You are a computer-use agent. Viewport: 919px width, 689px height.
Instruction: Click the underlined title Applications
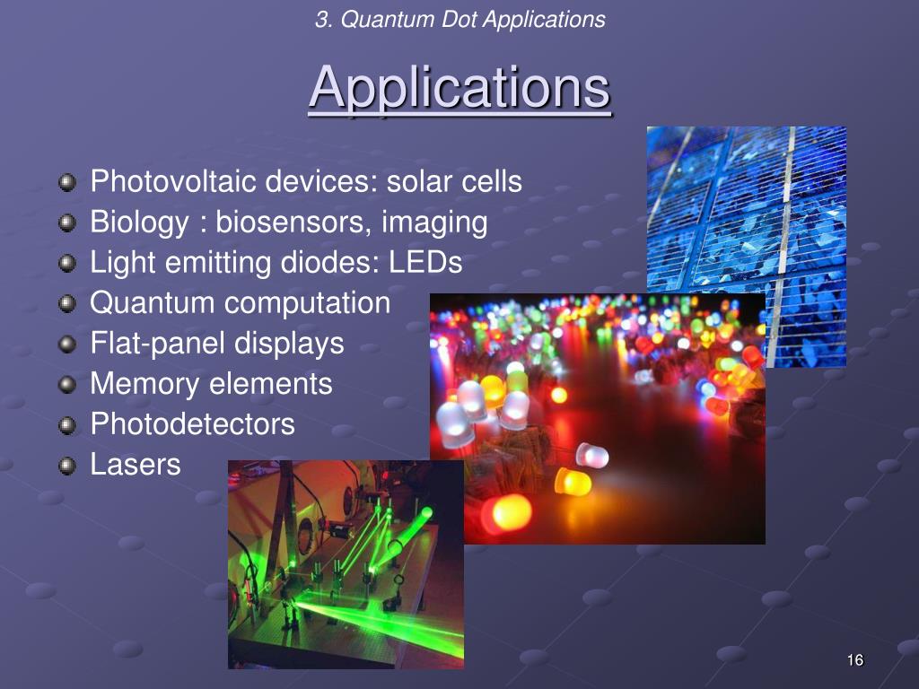click(x=459, y=89)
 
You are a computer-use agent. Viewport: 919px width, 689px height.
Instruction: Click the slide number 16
click(x=854, y=661)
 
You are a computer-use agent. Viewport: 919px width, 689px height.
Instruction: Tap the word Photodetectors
click(x=192, y=424)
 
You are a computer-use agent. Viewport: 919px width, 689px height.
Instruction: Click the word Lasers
click(x=136, y=465)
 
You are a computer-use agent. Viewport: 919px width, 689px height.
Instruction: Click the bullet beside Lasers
click(x=67, y=466)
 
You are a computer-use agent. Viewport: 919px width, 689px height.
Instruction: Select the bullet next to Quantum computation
click(x=67, y=304)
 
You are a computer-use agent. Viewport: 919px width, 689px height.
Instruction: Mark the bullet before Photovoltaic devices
click(x=67, y=183)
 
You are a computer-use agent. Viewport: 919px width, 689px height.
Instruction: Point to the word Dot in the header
click(x=459, y=19)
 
